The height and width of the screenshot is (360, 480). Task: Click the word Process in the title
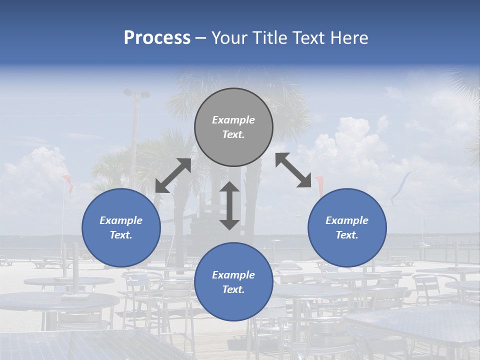tap(157, 38)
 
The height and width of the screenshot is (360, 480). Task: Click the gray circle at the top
tap(233, 127)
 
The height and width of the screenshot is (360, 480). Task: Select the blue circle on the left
tap(121, 227)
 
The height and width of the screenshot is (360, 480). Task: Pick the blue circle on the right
tap(347, 227)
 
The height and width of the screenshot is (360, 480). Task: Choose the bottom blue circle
tap(233, 282)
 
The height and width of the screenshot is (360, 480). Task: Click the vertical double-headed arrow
tap(229, 205)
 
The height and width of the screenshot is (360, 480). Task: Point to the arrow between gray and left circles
tap(173, 175)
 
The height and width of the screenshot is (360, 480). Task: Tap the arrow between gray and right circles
tap(293, 170)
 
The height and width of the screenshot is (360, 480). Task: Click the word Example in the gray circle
tap(233, 120)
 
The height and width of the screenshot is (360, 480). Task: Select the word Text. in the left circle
tap(121, 235)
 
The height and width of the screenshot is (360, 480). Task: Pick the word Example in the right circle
tap(347, 220)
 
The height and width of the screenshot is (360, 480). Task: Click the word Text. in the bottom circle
tap(233, 289)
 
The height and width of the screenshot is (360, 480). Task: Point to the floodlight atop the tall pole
tap(136, 93)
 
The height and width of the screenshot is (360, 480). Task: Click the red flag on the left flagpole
tap(67, 183)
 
